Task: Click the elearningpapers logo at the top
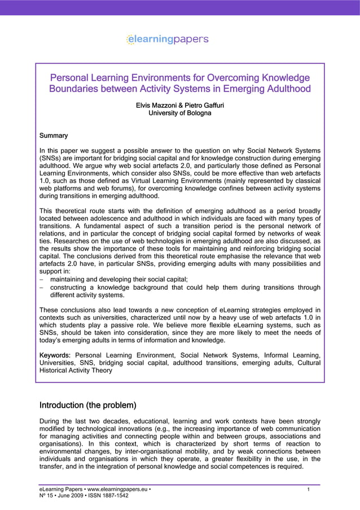[x=168, y=40]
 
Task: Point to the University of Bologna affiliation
[x=179, y=113]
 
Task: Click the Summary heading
[x=54, y=136]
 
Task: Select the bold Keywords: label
[x=55, y=355]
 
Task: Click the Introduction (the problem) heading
[x=87, y=406]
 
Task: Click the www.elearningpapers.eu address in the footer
[x=118, y=489]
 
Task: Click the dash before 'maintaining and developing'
[x=42, y=279]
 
